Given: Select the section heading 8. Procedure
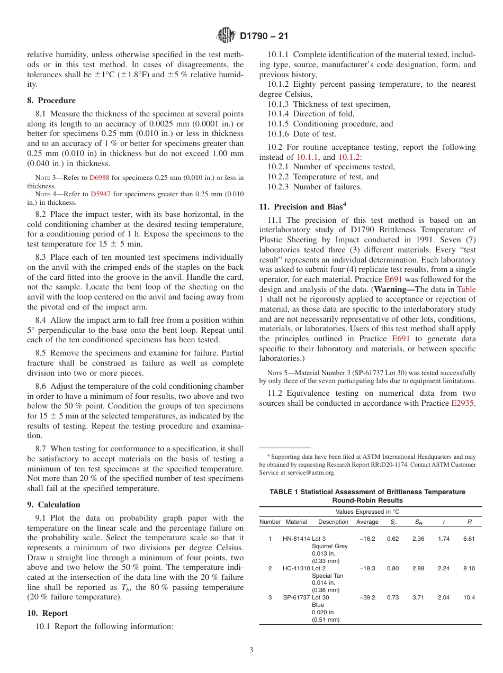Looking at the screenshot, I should click(x=51, y=101).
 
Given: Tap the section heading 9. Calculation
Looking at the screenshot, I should click(x=53, y=505).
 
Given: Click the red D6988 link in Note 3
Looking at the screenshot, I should click(x=98, y=177).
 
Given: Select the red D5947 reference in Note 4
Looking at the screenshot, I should click(x=99, y=194).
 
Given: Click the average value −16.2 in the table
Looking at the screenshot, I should click(x=367, y=539).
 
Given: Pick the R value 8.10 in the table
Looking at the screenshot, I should click(x=469, y=568).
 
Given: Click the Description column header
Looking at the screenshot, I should click(x=333, y=522).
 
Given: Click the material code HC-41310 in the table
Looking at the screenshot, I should click(x=297, y=568).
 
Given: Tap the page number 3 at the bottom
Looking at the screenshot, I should click(x=251, y=650).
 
